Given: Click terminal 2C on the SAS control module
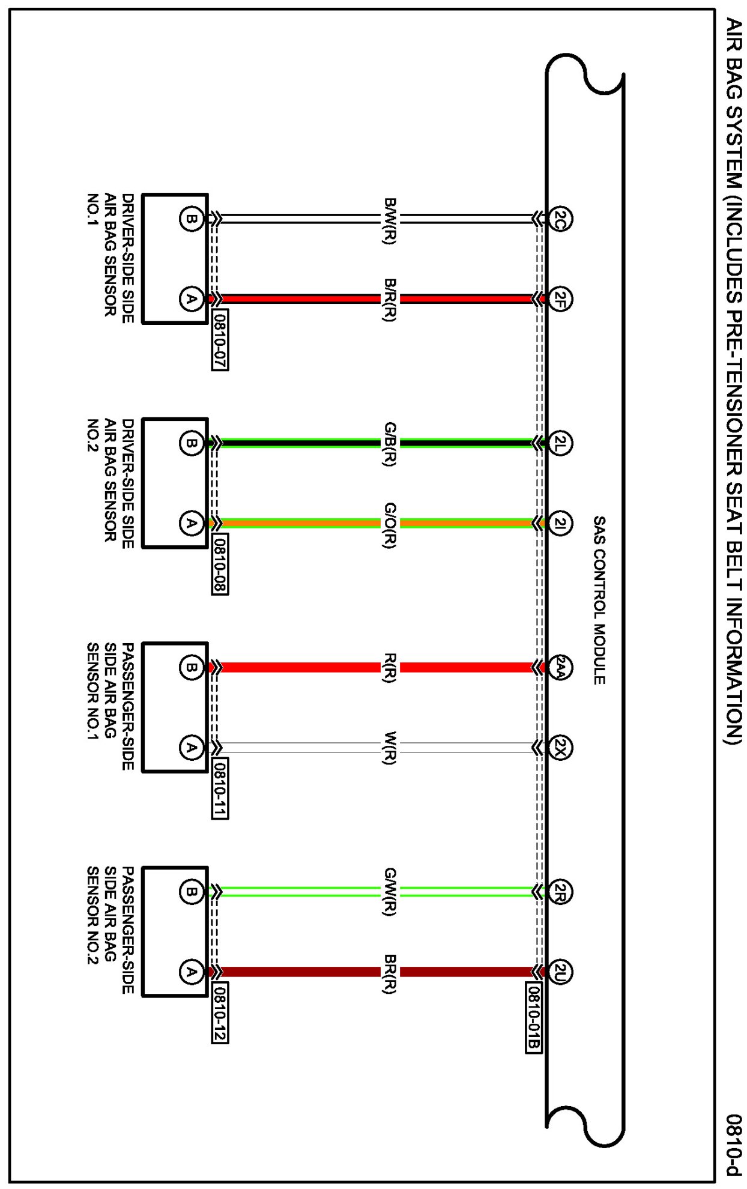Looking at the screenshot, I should (560, 219).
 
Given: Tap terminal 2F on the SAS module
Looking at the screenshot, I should (560, 298).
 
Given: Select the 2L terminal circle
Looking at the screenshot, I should (560, 444).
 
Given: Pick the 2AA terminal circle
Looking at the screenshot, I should (560, 667).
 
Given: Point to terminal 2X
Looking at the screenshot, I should (560, 748).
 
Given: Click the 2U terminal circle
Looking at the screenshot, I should (560, 972).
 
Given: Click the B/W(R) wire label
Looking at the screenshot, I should (390, 220).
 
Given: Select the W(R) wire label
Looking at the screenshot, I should (390, 748).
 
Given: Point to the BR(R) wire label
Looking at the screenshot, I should (390, 973).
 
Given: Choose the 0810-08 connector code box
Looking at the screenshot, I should (220, 564).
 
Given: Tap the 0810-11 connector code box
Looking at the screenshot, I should (220, 788).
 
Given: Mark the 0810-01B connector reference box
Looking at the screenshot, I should (534, 1018).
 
